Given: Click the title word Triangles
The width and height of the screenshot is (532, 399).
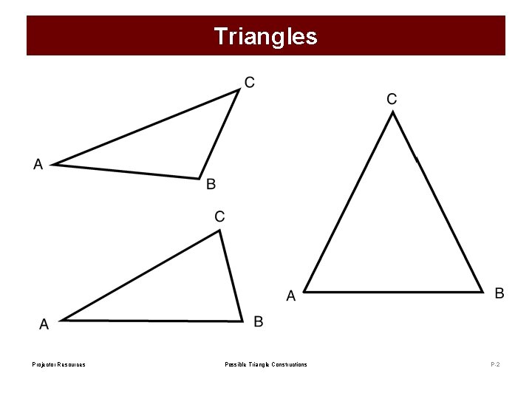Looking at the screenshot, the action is (x=265, y=36).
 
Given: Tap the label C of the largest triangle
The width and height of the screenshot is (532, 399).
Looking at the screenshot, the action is (x=392, y=98).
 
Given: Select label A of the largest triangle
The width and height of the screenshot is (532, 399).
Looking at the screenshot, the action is (x=291, y=296).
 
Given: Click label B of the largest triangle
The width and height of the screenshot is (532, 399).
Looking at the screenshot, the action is (x=499, y=293).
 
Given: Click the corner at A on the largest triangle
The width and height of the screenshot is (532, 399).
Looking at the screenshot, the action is (x=304, y=291).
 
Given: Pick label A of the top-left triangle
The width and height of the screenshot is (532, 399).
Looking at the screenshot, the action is (x=38, y=165).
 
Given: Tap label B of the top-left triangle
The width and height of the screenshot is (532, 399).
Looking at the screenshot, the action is (x=211, y=184).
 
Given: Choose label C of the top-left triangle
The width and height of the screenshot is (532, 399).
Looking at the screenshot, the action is (x=250, y=82).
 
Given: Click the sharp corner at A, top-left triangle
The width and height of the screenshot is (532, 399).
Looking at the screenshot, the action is (x=52, y=164).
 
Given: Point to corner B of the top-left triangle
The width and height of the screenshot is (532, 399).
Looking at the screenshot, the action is (x=199, y=178).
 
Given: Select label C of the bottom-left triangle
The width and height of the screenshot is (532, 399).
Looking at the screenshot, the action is (x=220, y=216).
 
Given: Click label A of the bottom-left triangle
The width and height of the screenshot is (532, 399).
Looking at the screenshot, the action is (x=44, y=324).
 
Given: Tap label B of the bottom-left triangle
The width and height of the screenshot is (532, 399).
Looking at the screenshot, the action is (x=259, y=321).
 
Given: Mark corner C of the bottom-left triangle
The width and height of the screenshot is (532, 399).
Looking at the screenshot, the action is (x=220, y=230).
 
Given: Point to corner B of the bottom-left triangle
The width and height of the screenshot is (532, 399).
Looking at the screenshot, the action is (x=242, y=321).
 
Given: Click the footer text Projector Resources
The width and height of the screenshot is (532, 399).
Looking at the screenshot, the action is (x=58, y=364).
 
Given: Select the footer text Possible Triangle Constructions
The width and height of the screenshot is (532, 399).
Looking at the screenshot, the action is (x=266, y=364).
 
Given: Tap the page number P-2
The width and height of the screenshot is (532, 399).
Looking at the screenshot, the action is (x=494, y=364).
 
